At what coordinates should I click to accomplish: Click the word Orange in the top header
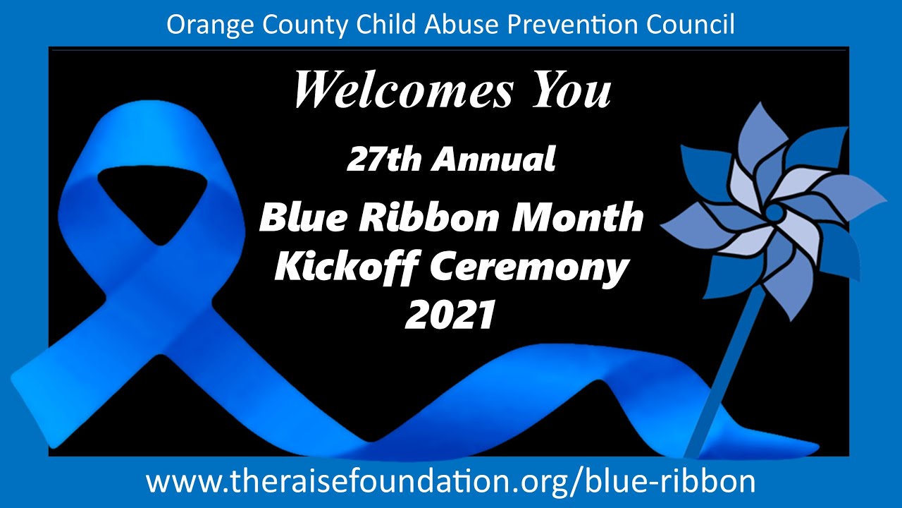tap(201, 25)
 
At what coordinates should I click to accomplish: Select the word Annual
tap(493, 160)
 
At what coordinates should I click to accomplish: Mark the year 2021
tap(450, 315)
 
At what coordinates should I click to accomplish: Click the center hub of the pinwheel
tap(773, 211)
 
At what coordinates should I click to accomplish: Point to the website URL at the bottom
tap(450, 481)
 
